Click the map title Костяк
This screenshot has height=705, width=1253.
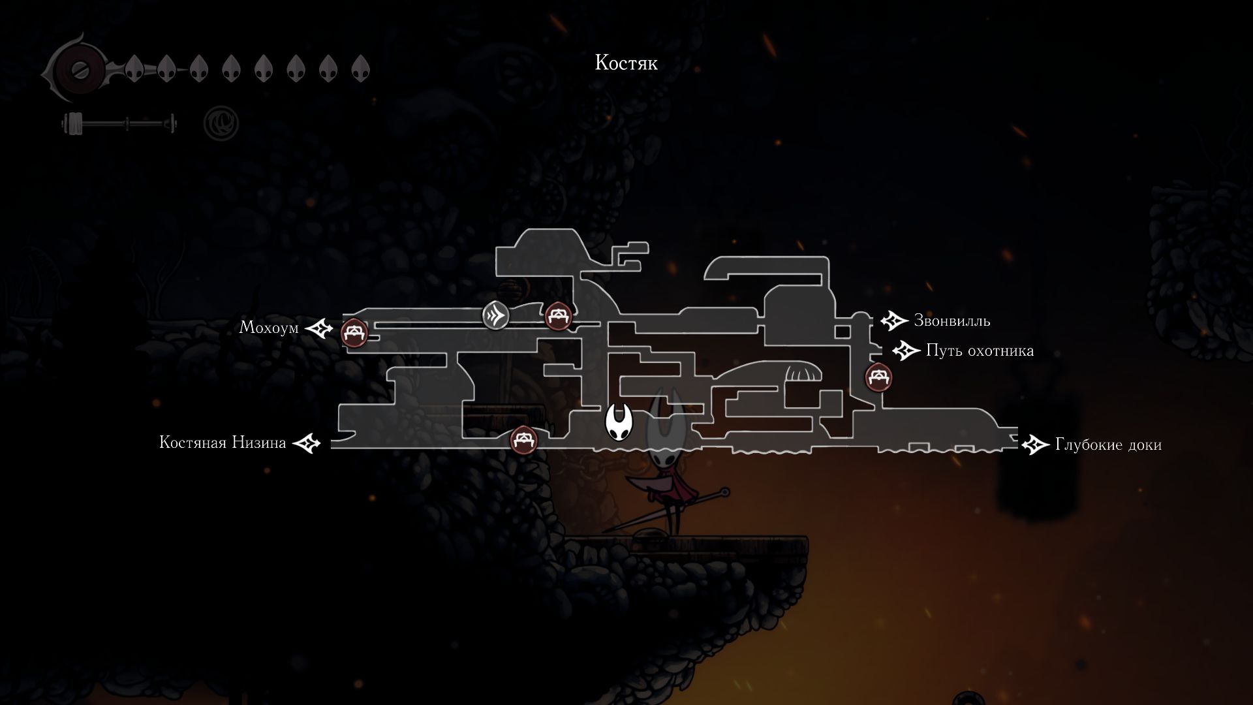click(626, 63)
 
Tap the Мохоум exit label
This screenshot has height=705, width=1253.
click(268, 327)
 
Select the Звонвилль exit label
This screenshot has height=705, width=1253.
click(951, 321)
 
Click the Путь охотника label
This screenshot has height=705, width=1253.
click(980, 351)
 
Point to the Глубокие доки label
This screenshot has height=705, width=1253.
click(1108, 445)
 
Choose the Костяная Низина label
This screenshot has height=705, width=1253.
click(223, 443)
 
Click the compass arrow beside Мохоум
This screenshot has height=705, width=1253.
click(320, 328)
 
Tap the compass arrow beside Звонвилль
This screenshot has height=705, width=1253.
click(893, 321)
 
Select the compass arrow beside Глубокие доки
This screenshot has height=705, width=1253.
click(1034, 445)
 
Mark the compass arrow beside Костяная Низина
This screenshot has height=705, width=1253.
click(307, 444)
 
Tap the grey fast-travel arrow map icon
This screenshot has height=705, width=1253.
click(495, 316)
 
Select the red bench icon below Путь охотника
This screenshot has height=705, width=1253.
click(878, 377)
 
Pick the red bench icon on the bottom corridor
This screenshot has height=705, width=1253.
click(523, 439)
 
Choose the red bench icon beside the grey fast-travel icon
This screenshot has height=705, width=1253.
click(558, 316)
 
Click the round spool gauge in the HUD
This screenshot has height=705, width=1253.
click(79, 68)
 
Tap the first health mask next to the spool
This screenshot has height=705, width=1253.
click(134, 68)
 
